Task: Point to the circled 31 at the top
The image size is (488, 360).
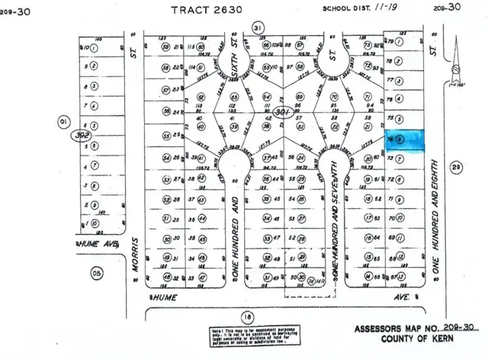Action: tap(258, 28)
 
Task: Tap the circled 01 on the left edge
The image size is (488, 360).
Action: tap(63, 120)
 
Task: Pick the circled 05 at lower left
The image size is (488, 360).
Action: tap(95, 272)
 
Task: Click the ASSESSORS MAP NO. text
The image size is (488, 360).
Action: tap(396, 329)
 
